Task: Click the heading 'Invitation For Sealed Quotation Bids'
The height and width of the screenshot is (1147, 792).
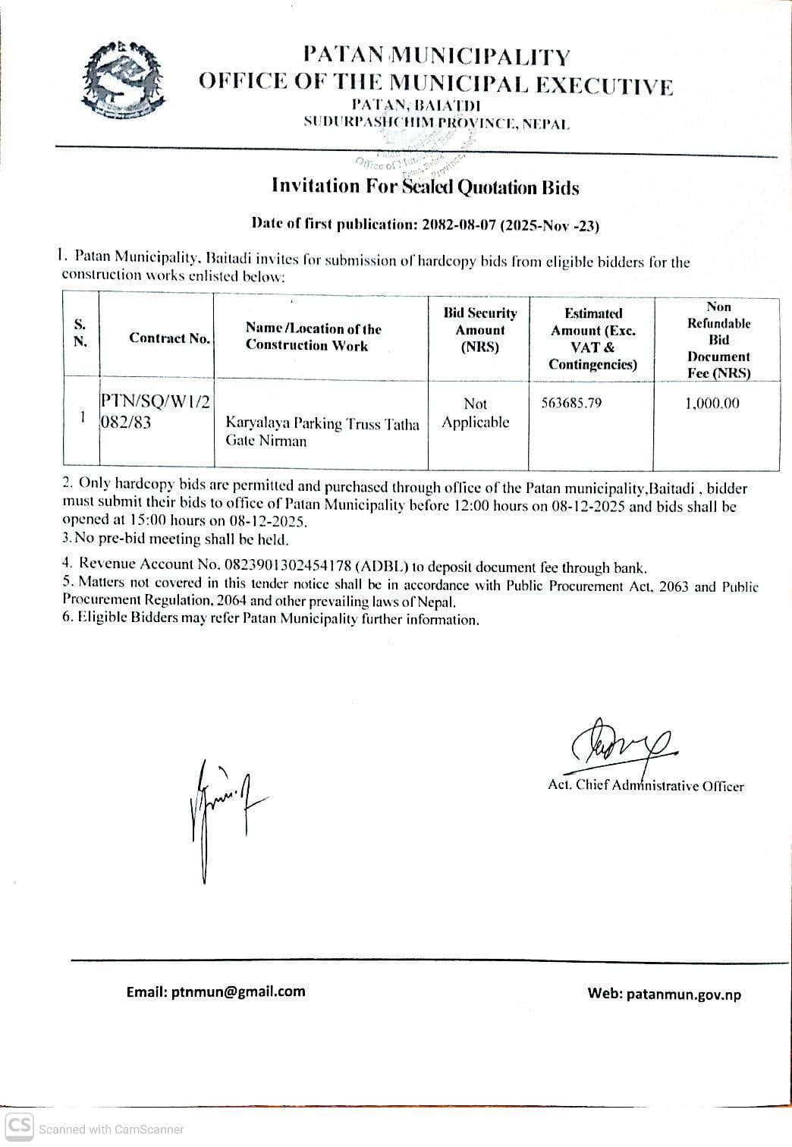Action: click(x=425, y=187)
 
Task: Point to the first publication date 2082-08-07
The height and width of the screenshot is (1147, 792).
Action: click(x=457, y=225)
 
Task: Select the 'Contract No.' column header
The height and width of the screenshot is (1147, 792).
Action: click(x=169, y=338)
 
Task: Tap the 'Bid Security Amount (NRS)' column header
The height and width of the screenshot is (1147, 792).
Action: click(x=479, y=330)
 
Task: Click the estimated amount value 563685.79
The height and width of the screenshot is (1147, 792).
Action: click(x=571, y=403)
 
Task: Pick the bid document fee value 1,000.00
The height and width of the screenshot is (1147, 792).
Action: click(x=712, y=404)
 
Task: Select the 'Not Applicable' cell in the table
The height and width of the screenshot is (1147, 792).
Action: click(x=476, y=413)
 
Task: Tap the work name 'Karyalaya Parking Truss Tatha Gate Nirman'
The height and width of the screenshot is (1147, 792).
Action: click(x=322, y=432)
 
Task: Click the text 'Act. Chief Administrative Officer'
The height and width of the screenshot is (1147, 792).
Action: click(x=646, y=786)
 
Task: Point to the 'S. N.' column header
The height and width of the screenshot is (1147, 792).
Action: click(x=80, y=332)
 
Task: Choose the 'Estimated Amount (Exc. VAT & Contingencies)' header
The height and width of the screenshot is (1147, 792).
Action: click(x=592, y=338)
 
